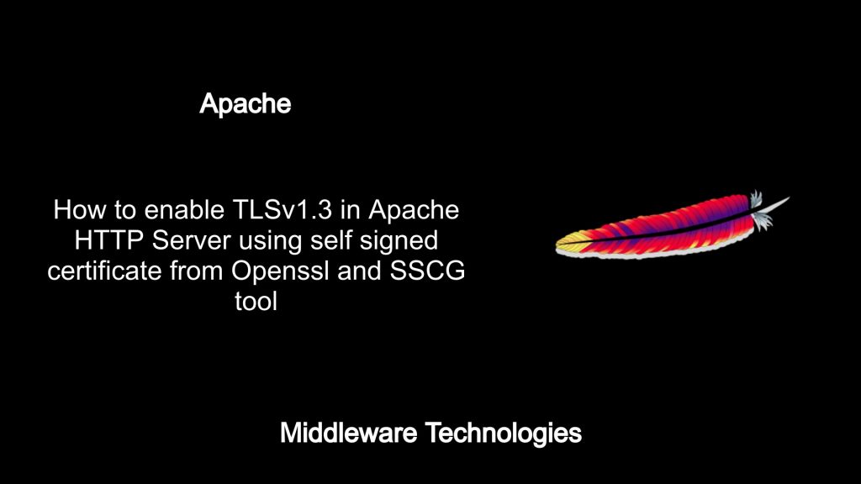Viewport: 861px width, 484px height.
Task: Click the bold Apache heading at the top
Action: click(245, 103)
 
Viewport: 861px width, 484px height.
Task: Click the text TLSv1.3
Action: click(283, 209)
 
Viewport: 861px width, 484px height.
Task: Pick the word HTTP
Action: click(109, 240)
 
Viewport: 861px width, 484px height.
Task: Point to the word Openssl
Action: click(280, 272)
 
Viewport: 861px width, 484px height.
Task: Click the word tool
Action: click(256, 302)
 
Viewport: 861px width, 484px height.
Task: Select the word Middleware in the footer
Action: click(349, 433)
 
